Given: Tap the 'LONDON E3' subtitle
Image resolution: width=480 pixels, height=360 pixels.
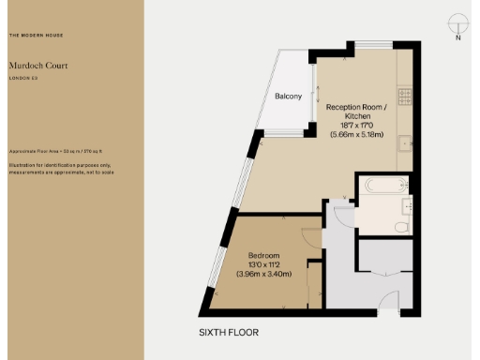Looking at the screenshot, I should pos(23,79).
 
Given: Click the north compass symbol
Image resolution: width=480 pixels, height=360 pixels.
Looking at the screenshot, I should pos(457,25).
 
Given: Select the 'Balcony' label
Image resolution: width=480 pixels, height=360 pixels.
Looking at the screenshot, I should pos(288,97).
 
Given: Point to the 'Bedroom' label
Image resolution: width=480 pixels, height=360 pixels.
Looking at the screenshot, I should pos(265,255).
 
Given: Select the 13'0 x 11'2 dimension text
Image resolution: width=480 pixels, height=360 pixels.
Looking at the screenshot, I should pos(265,264).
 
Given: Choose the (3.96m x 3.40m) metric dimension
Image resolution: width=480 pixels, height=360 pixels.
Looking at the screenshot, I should pos(265,275).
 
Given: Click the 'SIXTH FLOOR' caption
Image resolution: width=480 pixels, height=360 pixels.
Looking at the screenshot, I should pos(229,332).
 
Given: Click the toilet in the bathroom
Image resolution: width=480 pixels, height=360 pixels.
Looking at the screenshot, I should pos(402,226).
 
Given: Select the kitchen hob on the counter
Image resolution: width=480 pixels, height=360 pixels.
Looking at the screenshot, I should pos(405,95).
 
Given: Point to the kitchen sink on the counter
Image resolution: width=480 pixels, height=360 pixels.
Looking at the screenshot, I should pos(405,144).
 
